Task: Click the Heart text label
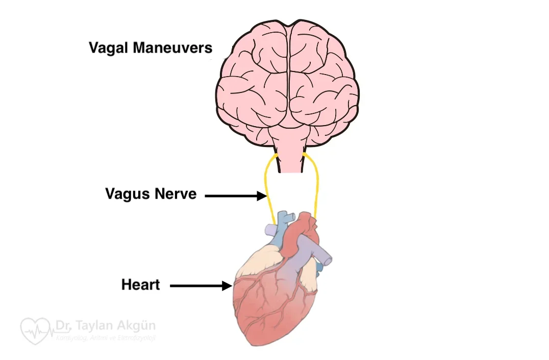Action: coord(140,284)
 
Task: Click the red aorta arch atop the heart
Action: coord(304,225)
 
